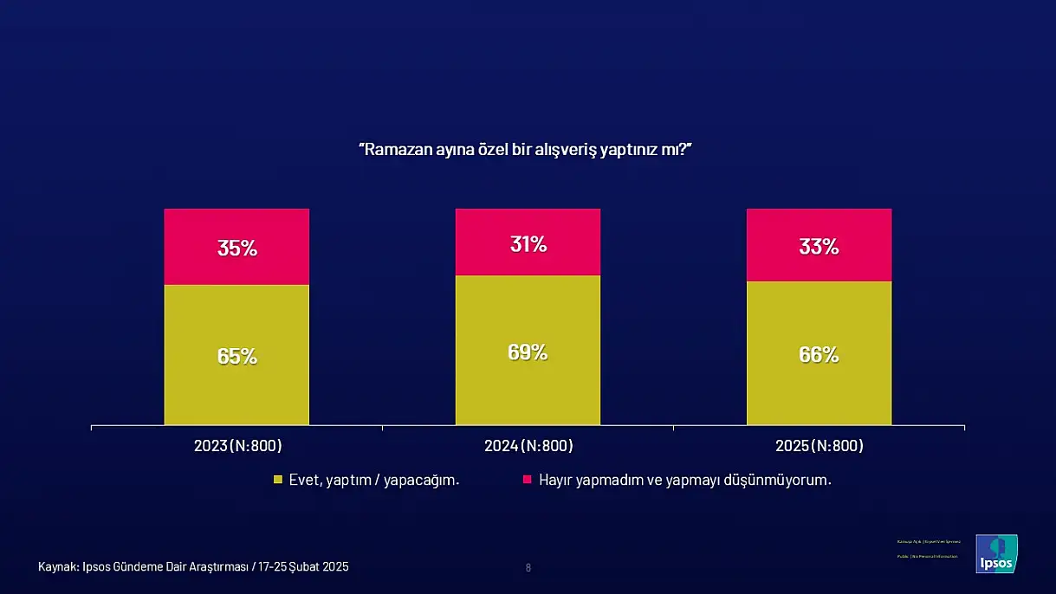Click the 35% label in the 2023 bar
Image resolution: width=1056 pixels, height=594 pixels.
point(236,249)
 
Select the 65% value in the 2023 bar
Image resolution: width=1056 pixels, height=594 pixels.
point(236,356)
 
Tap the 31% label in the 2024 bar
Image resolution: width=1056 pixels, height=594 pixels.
point(528,245)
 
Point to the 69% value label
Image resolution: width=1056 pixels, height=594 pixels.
point(528,352)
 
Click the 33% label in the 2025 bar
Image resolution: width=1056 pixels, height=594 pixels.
point(819,247)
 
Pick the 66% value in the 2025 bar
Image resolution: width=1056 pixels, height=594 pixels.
point(819,354)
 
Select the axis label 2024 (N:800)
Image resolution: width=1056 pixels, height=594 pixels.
point(528,446)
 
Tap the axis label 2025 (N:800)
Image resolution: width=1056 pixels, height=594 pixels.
point(820,446)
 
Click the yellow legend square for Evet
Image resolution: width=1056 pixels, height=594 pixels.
point(278,480)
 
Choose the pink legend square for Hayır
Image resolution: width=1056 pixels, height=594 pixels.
point(527,480)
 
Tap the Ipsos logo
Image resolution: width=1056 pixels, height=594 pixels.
point(996,553)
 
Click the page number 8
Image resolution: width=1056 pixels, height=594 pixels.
point(528,568)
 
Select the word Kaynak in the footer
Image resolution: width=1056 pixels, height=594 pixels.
point(57,567)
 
